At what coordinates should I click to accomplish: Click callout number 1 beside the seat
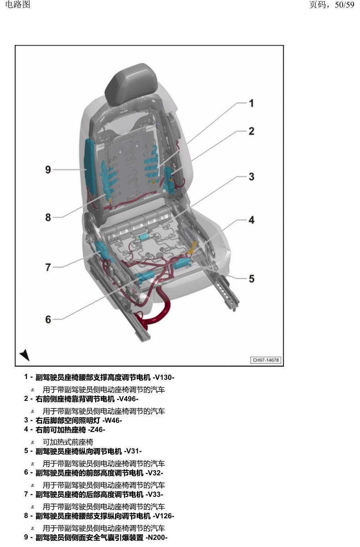click(251, 103)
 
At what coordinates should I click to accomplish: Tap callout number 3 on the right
click(252, 176)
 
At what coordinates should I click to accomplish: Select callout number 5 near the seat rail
click(252, 279)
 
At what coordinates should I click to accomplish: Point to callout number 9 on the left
click(48, 170)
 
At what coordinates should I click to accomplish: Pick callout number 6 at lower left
click(48, 319)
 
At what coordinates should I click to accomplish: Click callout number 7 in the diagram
click(48, 267)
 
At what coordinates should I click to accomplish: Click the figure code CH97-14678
click(266, 360)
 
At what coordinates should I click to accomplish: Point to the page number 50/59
click(344, 5)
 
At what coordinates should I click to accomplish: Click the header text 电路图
click(18, 4)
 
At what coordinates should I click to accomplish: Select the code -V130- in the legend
click(163, 377)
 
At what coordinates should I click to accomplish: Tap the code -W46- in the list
click(112, 420)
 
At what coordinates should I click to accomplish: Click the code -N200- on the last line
click(157, 537)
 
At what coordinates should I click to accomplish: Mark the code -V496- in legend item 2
click(127, 399)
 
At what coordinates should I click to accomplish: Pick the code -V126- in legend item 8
click(163, 516)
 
